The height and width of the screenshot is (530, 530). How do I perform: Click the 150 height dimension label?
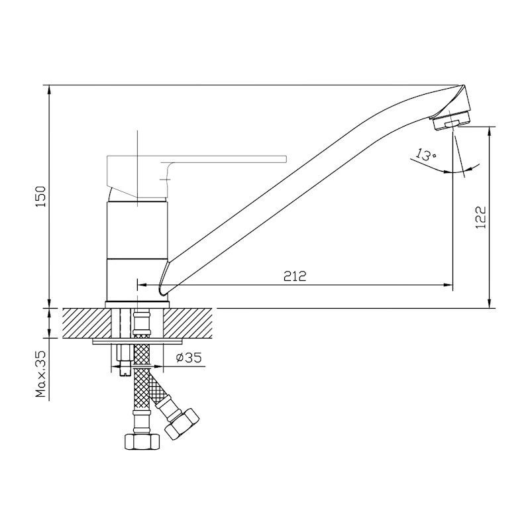40,197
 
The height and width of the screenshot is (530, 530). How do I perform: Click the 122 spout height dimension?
480,217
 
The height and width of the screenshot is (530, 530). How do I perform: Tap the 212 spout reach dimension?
295,276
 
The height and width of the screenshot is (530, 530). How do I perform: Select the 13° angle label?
425,154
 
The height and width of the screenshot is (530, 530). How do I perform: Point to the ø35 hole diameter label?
189,357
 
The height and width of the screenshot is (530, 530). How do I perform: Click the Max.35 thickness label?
40,374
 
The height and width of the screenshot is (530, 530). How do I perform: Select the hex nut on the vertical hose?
142,442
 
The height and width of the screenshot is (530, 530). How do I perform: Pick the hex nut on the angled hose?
182,424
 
